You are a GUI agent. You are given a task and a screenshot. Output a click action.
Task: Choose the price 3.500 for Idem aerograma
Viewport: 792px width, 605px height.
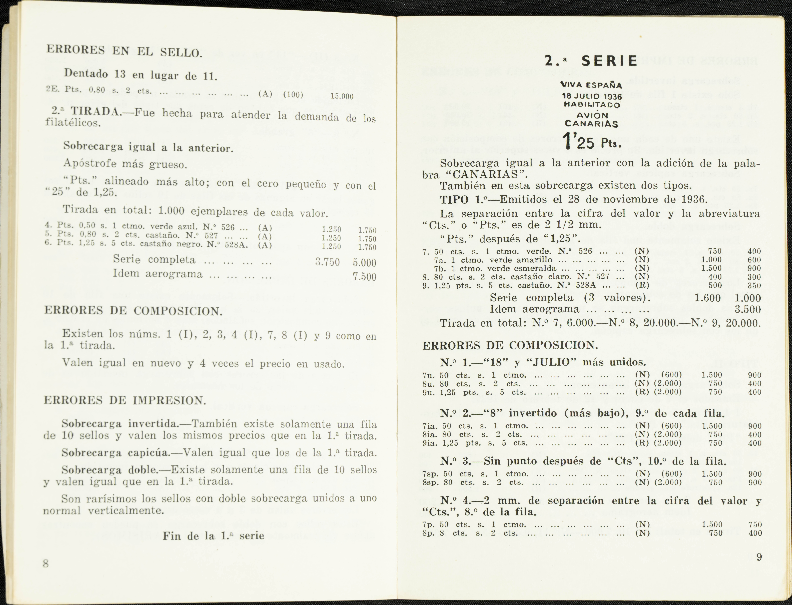pyautogui.click(x=748, y=310)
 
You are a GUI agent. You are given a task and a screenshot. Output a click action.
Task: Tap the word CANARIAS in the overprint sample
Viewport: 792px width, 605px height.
pyautogui.click(x=592, y=124)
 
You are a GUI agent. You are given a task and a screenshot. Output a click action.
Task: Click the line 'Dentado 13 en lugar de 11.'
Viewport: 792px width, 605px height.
pyautogui.click(x=140, y=75)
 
